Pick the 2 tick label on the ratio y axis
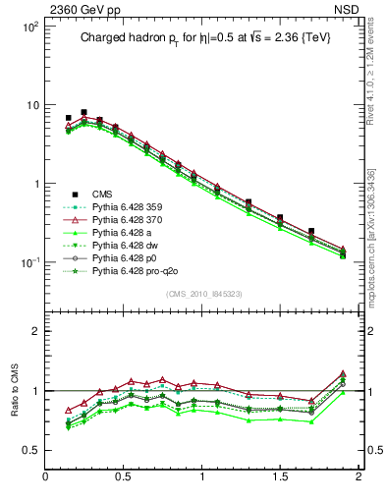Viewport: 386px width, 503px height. (x=35, y=331)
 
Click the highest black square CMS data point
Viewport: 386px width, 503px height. (x=83, y=112)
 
